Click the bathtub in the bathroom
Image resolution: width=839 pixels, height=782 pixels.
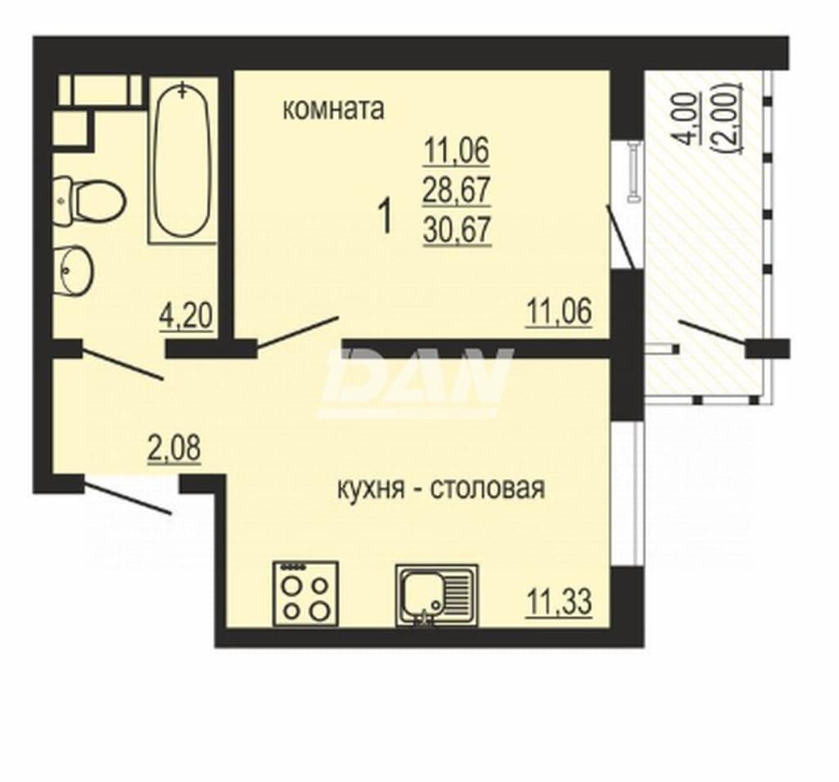tap(183, 160)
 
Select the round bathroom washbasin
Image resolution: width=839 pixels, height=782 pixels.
tap(73, 270)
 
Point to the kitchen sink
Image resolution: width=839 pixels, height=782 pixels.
tap(437, 595)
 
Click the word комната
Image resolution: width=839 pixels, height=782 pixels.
tap(333, 110)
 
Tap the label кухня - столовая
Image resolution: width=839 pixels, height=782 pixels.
tap(441, 488)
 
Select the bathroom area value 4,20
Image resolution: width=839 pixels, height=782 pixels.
tap(186, 315)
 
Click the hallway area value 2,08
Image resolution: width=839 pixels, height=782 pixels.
tap(174, 448)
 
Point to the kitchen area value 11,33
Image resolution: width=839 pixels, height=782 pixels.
tap(560, 602)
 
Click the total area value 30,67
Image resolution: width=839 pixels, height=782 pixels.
tap(456, 231)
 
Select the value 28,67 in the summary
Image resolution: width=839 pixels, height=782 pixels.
tap(456, 191)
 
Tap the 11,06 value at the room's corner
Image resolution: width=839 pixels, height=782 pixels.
tap(560, 311)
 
